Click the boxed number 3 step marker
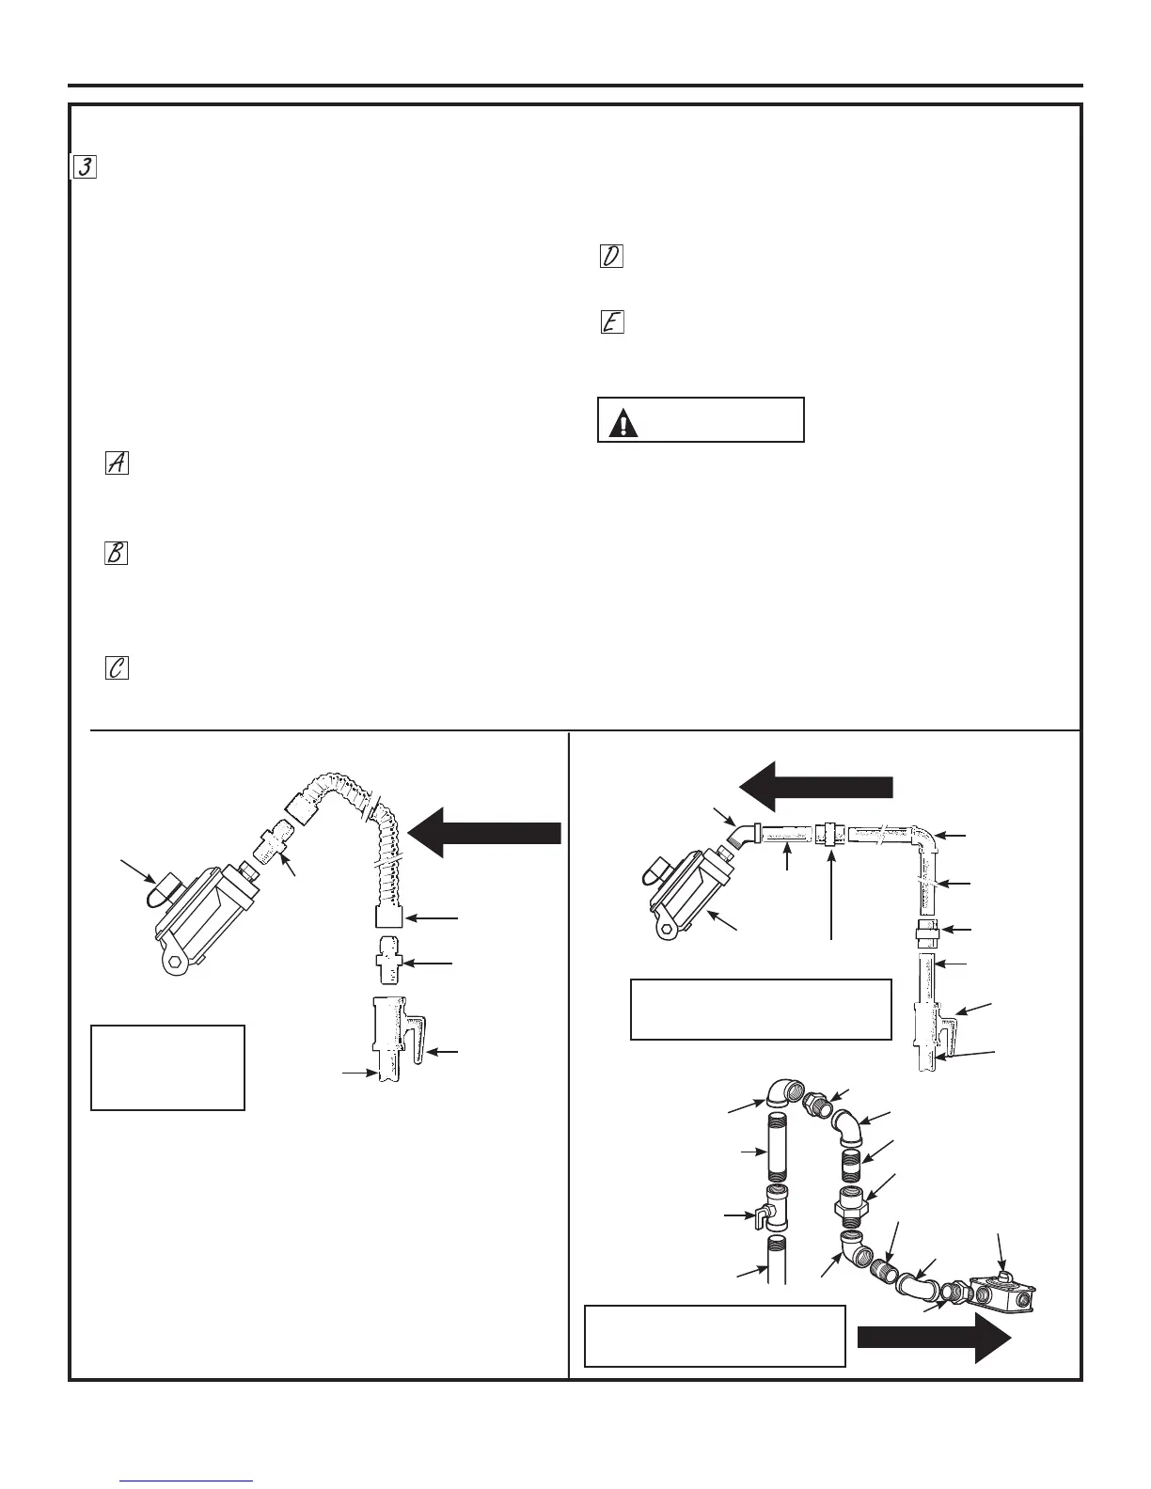click(85, 167)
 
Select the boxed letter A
click(118, 462)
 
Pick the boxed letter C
click(117, 668)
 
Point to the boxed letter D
click(611, 256)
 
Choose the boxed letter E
click(611, 322)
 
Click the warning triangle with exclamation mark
click(623, 424)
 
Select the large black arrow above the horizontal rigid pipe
click(814, 786)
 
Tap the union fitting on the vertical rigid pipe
click(926, 930)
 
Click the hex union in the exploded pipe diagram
click(852, 1203)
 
